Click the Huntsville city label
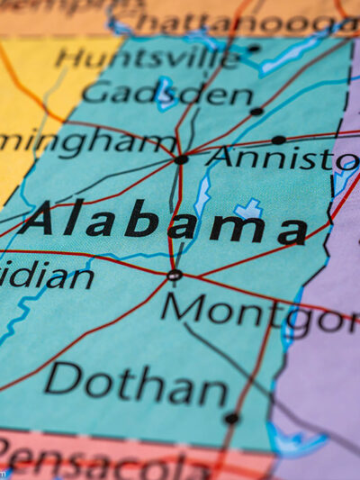tap(148, 59)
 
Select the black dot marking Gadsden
tap(256, 112)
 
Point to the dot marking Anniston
tap(278, 140)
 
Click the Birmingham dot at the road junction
tap(181, 159)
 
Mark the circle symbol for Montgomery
tap(175, 275)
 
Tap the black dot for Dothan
tap(231, 418)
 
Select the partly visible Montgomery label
tap(261, 312)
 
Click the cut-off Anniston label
tap(282, 158)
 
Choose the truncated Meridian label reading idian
tap(45, 275)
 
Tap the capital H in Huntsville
tap(67, 57)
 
